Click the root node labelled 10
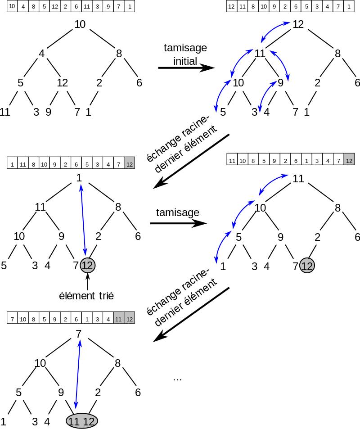(80, 25)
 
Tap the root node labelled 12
(298, 24)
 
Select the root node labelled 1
(79, 178)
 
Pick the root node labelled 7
(79, 334)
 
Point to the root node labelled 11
(298, 179)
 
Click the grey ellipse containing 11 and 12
(82, 421)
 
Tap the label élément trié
(87, 296)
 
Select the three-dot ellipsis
(177, 378)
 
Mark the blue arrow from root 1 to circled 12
(83, 221)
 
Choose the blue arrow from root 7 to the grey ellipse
(77, 376)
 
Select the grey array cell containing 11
(119, 320)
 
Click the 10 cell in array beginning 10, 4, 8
(12, 7)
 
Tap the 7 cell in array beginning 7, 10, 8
(12, 320)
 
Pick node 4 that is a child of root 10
(42, 54)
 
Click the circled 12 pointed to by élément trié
(87, 266)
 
